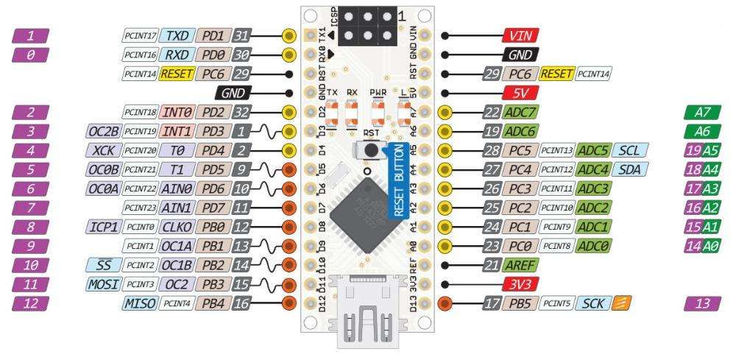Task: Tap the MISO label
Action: [x=140, y=303]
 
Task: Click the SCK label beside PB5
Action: [x=592, y=303]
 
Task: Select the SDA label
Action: [x=627, y=169]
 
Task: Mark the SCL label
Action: [x=627, y=150]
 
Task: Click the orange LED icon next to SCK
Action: [x=620, y=303]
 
